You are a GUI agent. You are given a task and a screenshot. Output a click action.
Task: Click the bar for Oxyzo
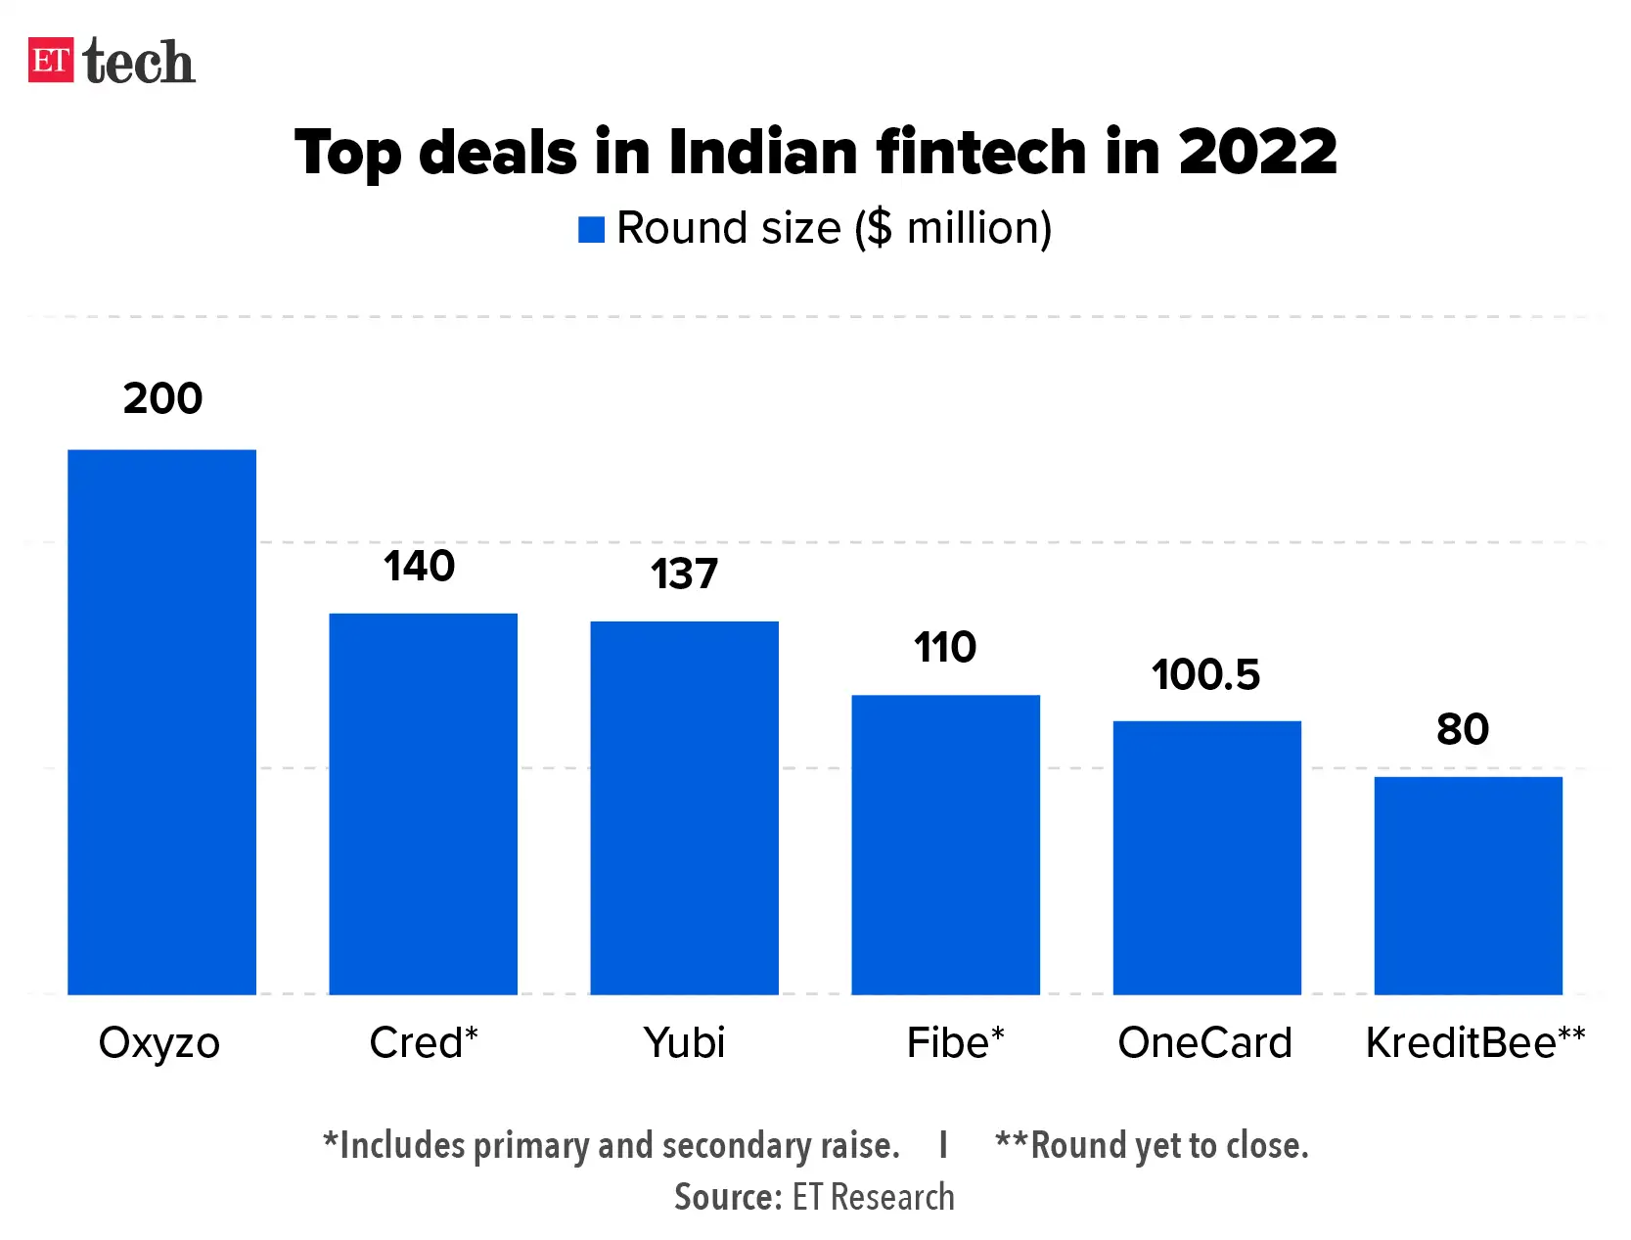coord(161,721)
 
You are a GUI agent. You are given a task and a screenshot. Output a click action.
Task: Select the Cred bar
coord(423,804)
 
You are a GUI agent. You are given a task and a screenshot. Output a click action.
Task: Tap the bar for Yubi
coord(684,807)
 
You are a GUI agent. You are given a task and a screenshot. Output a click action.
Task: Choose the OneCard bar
coord(1206,857)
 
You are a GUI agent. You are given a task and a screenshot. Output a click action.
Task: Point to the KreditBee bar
coord(1468,885)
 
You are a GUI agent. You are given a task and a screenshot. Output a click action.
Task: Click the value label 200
coord(162,398)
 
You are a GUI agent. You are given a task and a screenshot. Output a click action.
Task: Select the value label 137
coord(684,574)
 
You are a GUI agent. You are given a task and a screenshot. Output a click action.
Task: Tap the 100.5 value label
coord(1205,674)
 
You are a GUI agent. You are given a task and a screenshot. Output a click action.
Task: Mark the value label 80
coord(1463,729)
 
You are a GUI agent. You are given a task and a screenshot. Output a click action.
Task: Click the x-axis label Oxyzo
coord(159,1043)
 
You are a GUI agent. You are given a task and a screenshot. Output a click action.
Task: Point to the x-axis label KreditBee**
coord(1474,1043)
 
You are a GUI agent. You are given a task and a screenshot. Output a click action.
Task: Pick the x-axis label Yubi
coord(684,1043)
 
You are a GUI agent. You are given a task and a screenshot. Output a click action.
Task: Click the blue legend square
coord(591,229)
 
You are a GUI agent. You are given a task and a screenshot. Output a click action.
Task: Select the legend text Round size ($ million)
coord(834,228)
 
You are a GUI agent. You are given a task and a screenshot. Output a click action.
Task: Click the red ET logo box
coord(51,60)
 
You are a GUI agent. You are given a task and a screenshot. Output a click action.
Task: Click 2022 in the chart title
coord(1257,152)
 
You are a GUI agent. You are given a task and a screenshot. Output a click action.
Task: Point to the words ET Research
coord(873,1197)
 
